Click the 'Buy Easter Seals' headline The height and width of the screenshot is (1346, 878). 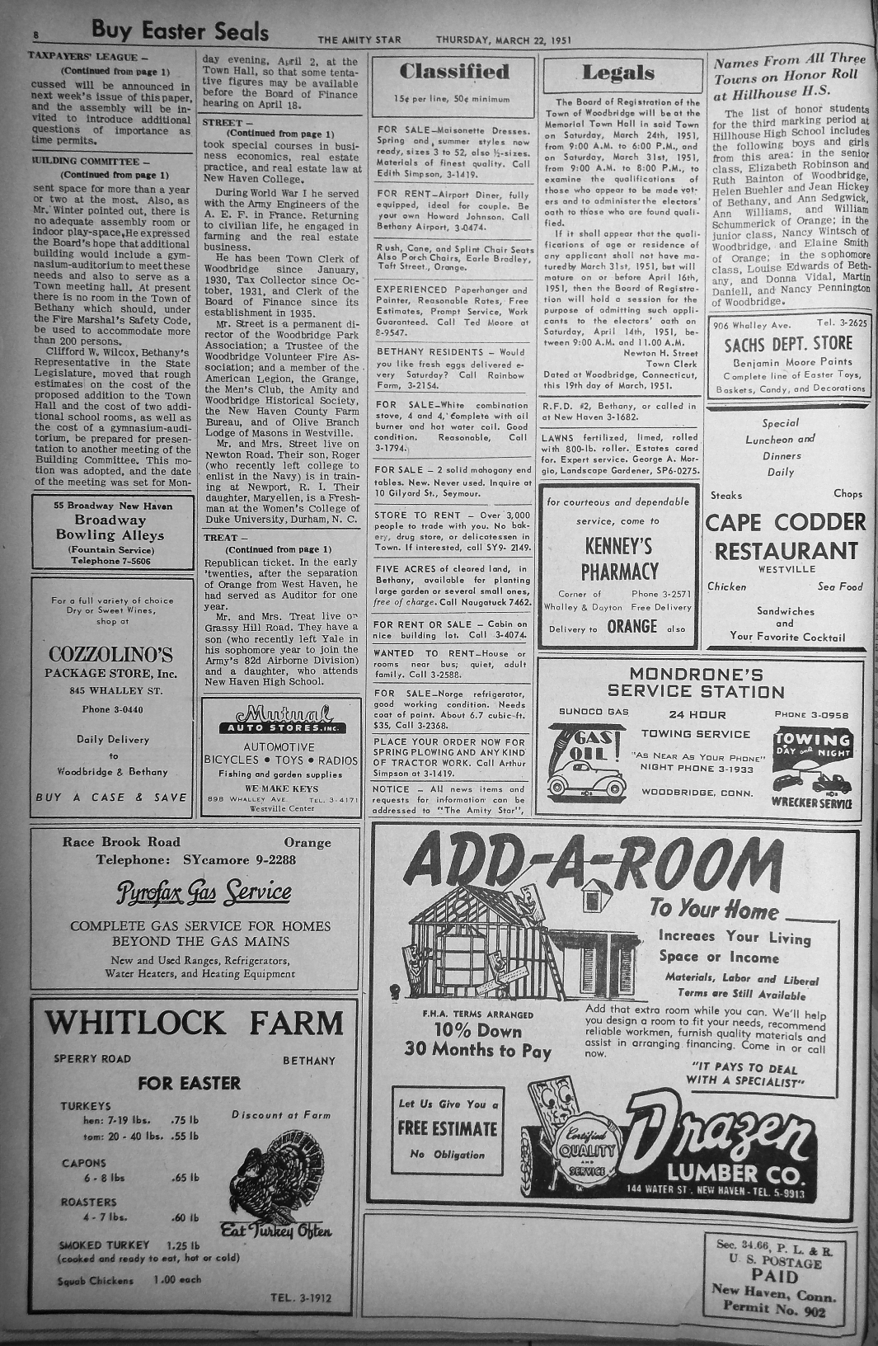[x=180, y=31]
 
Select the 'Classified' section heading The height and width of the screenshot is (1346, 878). [x=454, y=73]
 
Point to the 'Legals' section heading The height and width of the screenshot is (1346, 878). [x=617, y=73]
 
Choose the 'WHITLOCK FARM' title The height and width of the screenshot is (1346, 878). [x=194, y=1023]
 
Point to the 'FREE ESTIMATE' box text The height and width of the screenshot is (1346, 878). [x=448, y=1128]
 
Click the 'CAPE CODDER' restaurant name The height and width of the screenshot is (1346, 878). [x=786, y=523]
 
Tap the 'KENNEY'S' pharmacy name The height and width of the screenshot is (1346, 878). [x=618, y=547]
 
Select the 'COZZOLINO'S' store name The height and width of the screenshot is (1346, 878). [x=110, y=655]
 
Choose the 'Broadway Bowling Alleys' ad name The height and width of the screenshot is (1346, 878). [x=119, y=528]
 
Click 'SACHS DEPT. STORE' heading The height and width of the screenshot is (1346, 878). [x=788, y=344]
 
